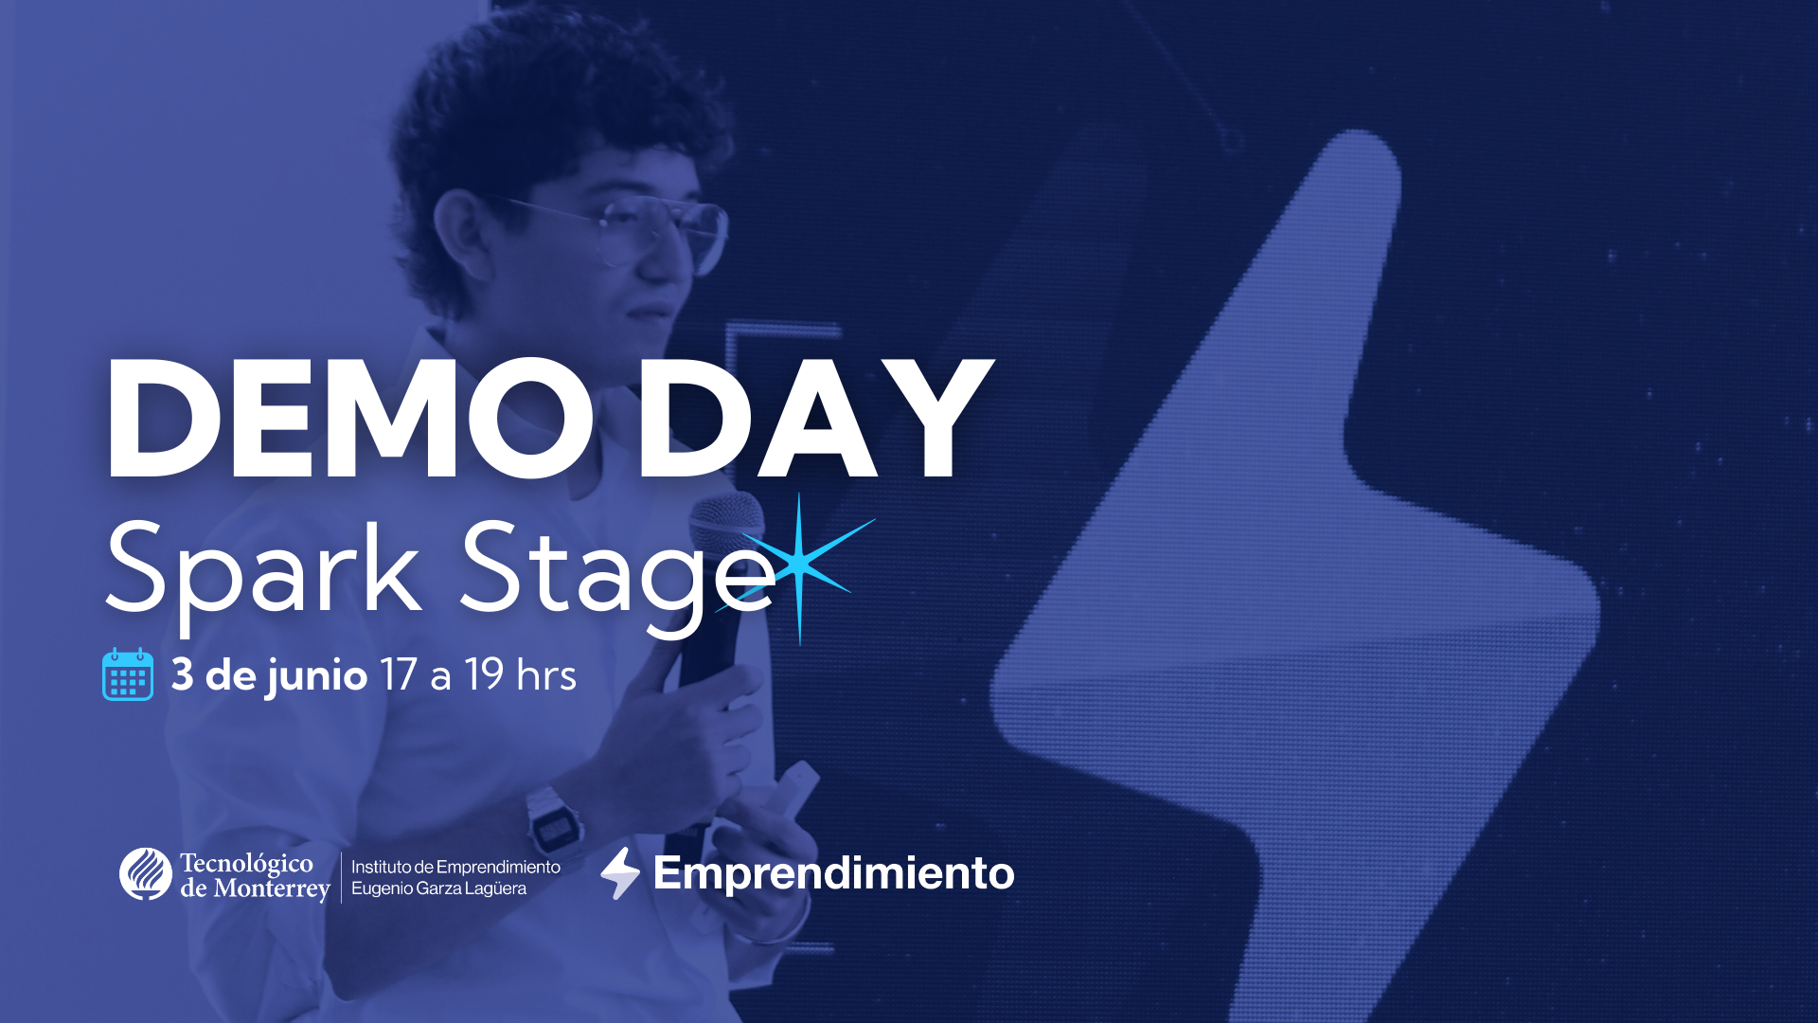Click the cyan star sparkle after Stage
click(x=800, y=564)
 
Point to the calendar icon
click(x=128, y=674)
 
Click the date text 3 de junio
click(x=269, y=675)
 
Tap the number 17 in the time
click(x=398, y=675)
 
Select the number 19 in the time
click(x=484, y=675)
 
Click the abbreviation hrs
click(x=546, y=675)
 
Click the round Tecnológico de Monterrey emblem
click(x=146, y=873)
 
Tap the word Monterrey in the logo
click(x=272, y=888)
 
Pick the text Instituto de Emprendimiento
click(x=455, y=867)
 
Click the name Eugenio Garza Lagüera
click(x=438, y=888)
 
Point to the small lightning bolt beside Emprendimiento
click(x=620, y=872)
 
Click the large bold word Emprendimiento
click(x=833, y=872)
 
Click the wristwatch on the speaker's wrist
click(x=556, y=822)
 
